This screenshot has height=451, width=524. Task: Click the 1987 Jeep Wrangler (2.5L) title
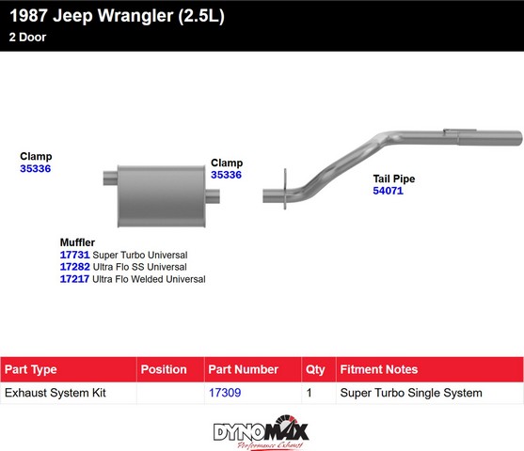point(117,16)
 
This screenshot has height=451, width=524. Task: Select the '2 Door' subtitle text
point(27,37)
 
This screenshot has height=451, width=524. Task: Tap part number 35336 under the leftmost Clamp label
point(36,168)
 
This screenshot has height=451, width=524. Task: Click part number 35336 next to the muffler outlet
point(226,175)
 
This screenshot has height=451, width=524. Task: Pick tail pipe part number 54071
point(388,191)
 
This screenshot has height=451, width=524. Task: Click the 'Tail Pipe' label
point(394,179)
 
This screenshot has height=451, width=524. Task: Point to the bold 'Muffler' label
point(77,242)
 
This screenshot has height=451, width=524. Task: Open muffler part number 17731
point(75,255)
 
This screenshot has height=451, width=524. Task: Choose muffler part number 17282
point(75,267)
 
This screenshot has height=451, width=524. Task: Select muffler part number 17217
point(74,279)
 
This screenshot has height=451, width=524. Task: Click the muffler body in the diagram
point(162,196)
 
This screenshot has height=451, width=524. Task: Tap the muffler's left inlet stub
point(110,178)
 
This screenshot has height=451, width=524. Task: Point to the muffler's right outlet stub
point(213,196)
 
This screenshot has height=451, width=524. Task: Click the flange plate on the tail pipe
point(285,189)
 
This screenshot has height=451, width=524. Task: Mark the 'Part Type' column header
point(31,369)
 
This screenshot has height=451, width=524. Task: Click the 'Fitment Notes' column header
point(379,369)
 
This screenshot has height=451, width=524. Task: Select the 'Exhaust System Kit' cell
point(56,393)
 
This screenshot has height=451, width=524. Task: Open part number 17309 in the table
point(225,393)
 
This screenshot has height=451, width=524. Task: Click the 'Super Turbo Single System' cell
point(411,393)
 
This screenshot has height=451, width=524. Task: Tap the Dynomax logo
point(261,432)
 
